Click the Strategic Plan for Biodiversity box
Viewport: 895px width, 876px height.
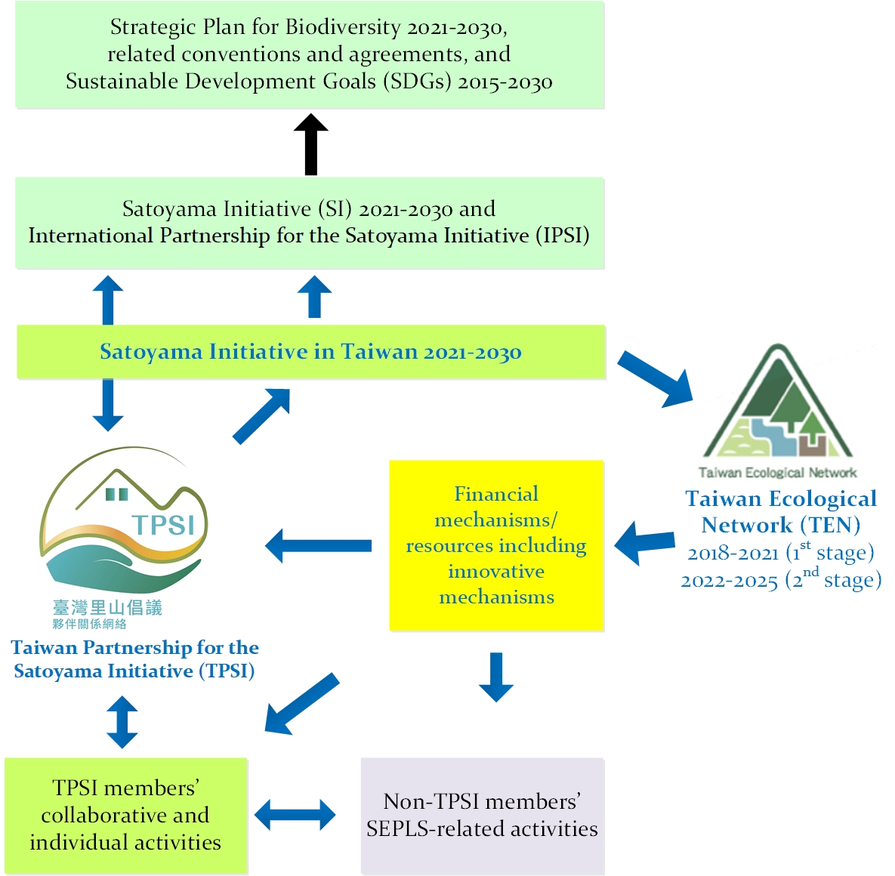pyautogui.click(x=310, y=54)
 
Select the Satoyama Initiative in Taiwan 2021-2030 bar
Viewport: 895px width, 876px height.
pyautogui.click(x=311, y=352)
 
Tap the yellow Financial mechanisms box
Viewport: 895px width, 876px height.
pyautogui.click(x=496, y=545)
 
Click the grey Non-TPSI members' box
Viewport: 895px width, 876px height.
pyautogui.click(x=483, y=816)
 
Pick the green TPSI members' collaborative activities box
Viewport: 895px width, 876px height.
pyautogui.click(x=125, y=816)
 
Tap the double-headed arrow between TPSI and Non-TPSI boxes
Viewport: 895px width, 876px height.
pyautogui.click(x=295, y=815)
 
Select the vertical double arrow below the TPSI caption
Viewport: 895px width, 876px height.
pyautogui.click(x=122, y=722)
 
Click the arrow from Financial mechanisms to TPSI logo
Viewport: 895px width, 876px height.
pyautogui.click(x=318, y=545)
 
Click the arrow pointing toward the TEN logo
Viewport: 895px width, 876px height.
pyautogui.click(x=656, y=378)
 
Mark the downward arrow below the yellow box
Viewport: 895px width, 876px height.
pyautogui.click(x=496, y=677)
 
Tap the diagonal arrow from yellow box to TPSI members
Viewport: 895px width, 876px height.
pyautogui.click(x=301, y=704)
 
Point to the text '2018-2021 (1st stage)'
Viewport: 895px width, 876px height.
pyautogui.click(x=780, y=552)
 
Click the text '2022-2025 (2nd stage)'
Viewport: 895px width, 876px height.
pyautogui.click(x=780, y=580)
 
